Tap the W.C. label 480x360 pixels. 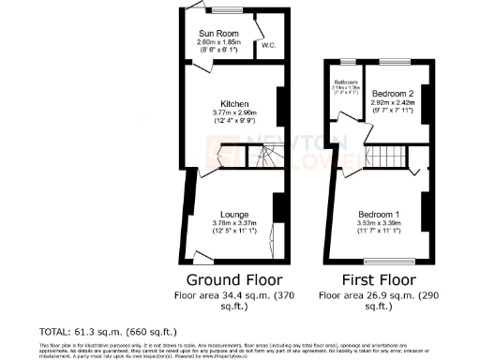(267, 45)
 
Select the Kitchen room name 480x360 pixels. (233, 103)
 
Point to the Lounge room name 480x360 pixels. (233, 214)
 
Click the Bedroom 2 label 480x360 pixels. (393, 95)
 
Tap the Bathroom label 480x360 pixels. (346, 82)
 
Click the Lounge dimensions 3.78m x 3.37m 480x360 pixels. (233, 222)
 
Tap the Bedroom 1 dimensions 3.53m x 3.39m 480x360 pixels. (378, 222)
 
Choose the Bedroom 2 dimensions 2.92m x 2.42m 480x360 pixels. (393, 103)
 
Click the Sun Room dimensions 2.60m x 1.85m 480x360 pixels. (219, 42)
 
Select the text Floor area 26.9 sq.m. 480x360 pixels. (367, 294)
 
